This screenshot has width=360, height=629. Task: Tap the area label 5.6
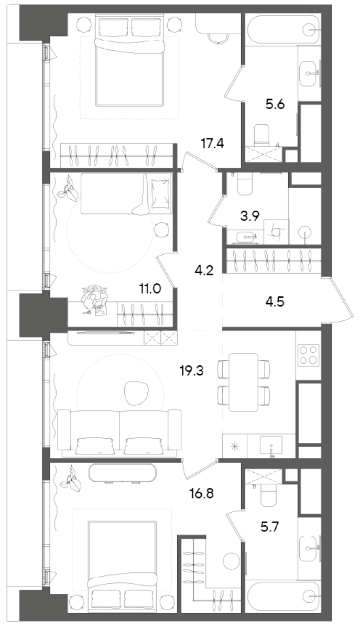point(275,104)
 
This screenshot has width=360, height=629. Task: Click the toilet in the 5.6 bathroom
point(261,134)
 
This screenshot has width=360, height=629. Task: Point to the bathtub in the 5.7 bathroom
point(283,596)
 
